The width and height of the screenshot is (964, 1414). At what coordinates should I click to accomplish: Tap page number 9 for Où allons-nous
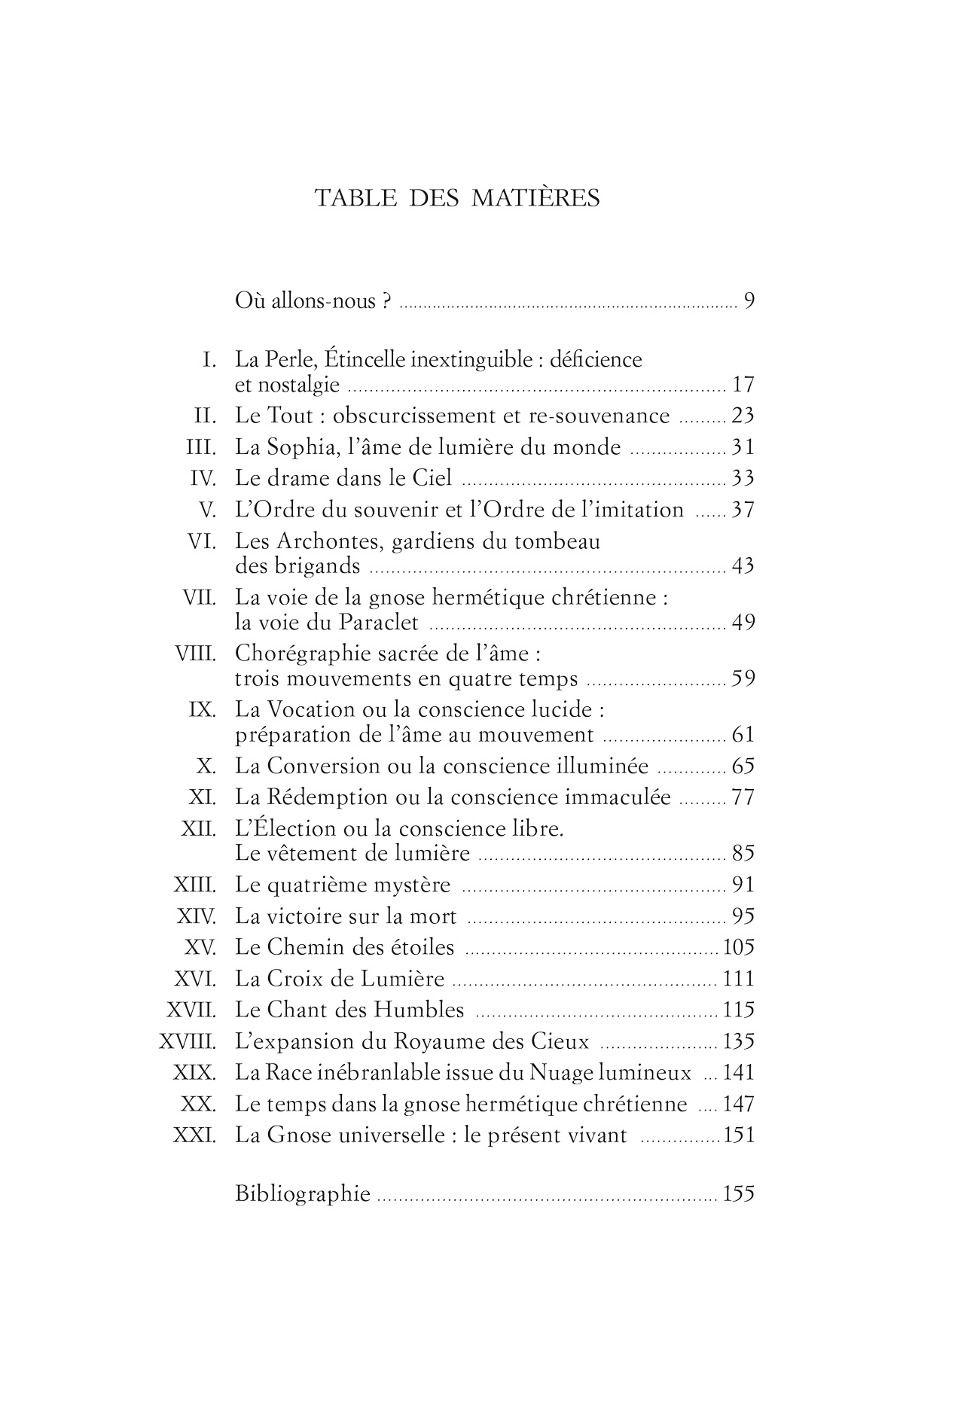(x=749, y=301)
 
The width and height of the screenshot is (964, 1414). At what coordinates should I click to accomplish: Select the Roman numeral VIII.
(x=195, y=653)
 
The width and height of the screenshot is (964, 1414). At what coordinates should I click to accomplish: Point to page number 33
(x=743, y=478)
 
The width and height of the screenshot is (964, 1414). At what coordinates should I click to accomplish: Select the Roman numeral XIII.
(x=195, y=885)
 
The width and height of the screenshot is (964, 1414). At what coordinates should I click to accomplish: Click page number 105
(x=738, y=947)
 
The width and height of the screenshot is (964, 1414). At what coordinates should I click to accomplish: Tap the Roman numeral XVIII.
(x=188, y=1042)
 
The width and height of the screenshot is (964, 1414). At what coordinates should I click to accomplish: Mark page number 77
(x=743, y=797)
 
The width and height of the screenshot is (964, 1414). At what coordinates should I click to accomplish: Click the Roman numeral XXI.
(x=195, y=1135)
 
